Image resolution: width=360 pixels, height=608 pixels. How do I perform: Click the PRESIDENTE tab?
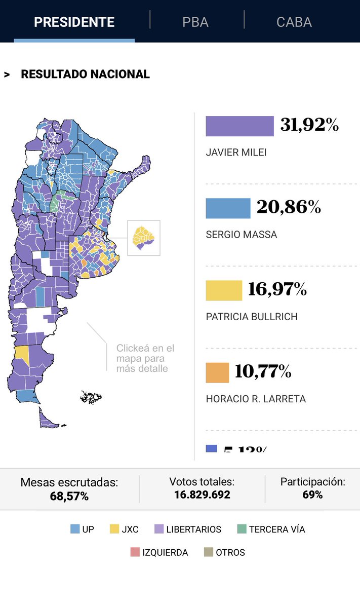click(x=74, y=22)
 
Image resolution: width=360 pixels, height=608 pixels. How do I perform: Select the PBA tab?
click(x=195, y=22)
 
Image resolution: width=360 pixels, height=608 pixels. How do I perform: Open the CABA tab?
click(x=294, y=22)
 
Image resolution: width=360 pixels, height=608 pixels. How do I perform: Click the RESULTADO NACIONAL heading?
click(x=85, y=74)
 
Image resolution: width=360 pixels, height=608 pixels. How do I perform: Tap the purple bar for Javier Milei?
click(x=239, y=126)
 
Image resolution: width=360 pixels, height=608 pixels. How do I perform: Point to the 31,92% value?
click(x=309, y=125)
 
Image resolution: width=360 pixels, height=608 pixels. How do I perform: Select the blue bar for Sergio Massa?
click(x=228, y=208)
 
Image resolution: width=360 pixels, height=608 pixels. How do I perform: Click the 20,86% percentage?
click(x=289, y=207)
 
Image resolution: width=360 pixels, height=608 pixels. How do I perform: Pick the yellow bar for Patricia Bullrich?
click(x=224, y=290)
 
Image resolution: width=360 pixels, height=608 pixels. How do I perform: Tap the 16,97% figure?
click(x=277, y=289)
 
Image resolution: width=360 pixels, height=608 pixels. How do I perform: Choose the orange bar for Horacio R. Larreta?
click(x=217, y=372)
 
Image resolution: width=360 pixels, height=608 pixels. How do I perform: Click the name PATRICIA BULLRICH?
click(x=252, y=317)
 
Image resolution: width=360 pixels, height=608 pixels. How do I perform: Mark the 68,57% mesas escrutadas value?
click(x=69, y=496)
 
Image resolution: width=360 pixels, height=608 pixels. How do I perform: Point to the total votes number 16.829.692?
click(x=202, y=495)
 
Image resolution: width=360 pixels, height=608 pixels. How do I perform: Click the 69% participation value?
click(x=312, y=495)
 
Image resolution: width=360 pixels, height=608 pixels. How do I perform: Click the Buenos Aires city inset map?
click(x=144, y=238)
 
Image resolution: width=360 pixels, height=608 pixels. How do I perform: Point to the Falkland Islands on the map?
click(x=91, y=397)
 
